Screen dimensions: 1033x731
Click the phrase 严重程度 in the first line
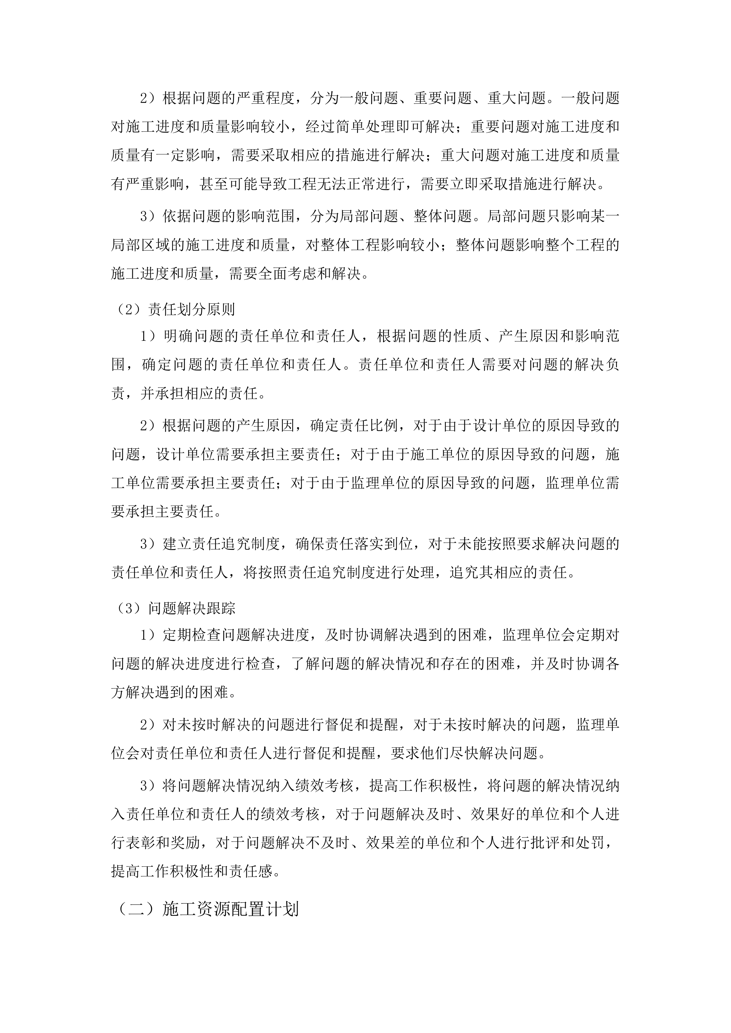[x=265, y=98]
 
